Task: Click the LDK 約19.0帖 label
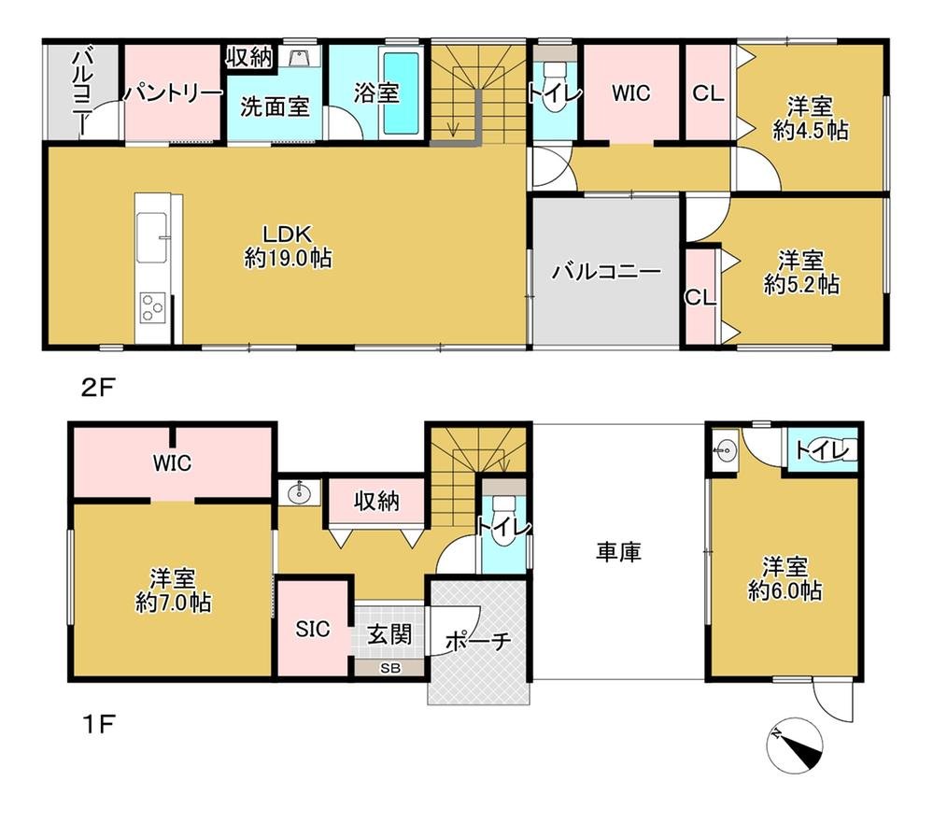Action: pos(288,247)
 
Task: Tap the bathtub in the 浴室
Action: pos(403,93)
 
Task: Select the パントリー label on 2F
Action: pos(173,92)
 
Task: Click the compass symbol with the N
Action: pos(795,745)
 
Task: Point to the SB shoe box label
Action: pos(390,668)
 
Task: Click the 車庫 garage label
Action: pos(619,552)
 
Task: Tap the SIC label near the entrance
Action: pos(313,629)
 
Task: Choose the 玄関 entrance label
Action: pos(389,633)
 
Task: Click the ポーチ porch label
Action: pos(478,641)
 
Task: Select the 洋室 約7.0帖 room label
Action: pos(173,589)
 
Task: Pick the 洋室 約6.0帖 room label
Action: pos(785,578)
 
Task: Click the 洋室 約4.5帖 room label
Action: pos(811,119)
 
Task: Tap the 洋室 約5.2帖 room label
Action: pos(801,273)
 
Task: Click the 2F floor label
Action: pos(97,389)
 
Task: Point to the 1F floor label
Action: pos(97,725)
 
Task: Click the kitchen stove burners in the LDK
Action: pos(153,307)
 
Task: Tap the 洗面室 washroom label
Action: pos(275,107)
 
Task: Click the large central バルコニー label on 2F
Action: pos(606,272)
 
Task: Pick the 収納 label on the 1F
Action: pos(376,502)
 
